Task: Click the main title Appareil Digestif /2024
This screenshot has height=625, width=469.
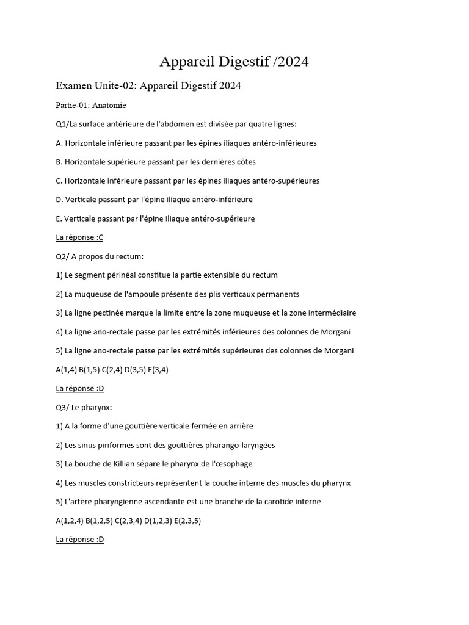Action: (x=234, y=62)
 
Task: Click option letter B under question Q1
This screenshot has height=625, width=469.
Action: (x=59, y=162)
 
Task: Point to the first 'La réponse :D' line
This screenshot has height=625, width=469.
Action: (x=79, y=388)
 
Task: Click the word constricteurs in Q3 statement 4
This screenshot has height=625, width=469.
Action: (x=129, y=483)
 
